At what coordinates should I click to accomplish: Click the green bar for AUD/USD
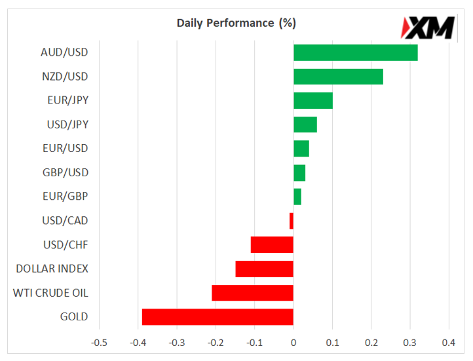tap(355, 52)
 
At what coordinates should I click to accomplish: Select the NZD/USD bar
tap(338, 77)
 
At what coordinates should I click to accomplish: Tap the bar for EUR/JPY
tap(312, 100)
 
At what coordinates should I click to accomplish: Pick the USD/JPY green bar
tap(305, 124)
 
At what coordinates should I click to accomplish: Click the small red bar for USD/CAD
tap(292, 221)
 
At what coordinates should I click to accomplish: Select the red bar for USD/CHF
tap(272, 245)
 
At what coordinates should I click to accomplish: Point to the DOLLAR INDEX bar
tap(264, 269)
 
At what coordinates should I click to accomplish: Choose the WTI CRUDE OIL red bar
tap(252, 293)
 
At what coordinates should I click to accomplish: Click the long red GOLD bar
tap(218, 317)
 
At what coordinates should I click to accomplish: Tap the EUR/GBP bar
tap(297, 197)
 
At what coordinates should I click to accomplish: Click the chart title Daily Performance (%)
tap(236, 23)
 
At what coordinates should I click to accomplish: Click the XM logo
tap(428, 27)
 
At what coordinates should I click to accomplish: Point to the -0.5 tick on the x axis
tap(99, 342)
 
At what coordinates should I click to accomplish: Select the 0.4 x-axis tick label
tap(449, 342)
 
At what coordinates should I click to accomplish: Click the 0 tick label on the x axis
tap(293, 342)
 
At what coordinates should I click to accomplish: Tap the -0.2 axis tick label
tap(216, 342)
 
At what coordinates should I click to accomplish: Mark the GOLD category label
tap(74, 317)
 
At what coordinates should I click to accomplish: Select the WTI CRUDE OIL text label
tap(50, 293)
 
